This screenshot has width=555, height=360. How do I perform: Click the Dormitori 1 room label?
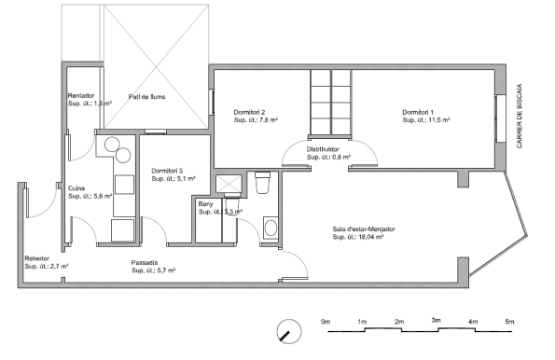point(418,112)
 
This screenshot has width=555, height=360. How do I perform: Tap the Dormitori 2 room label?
point(249,112)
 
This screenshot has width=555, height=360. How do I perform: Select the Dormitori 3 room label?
point(167,171)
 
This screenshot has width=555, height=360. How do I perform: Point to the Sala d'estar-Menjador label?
point(364,229)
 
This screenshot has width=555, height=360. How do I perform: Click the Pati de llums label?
point(146,97)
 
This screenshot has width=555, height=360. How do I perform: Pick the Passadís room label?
point(145,263)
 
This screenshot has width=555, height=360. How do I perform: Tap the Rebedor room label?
point(36,258)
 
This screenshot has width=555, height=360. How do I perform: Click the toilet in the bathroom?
point(262,182)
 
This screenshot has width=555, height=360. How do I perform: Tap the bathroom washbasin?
point(271,228)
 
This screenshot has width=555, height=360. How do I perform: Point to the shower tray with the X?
point(229,184)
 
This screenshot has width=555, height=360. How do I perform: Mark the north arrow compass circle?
point(289,331)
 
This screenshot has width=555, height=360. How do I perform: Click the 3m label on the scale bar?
point(437,320)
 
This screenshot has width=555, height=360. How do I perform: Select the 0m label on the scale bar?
point(326,322)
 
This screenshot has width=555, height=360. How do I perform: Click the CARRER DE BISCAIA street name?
point(520,116)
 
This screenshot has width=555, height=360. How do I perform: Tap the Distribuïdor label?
point(323,149)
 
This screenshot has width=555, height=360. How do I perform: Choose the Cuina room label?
point(76,188)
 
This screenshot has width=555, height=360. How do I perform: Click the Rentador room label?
point(81,95)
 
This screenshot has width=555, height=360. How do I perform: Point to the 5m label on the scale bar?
point(509,322)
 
